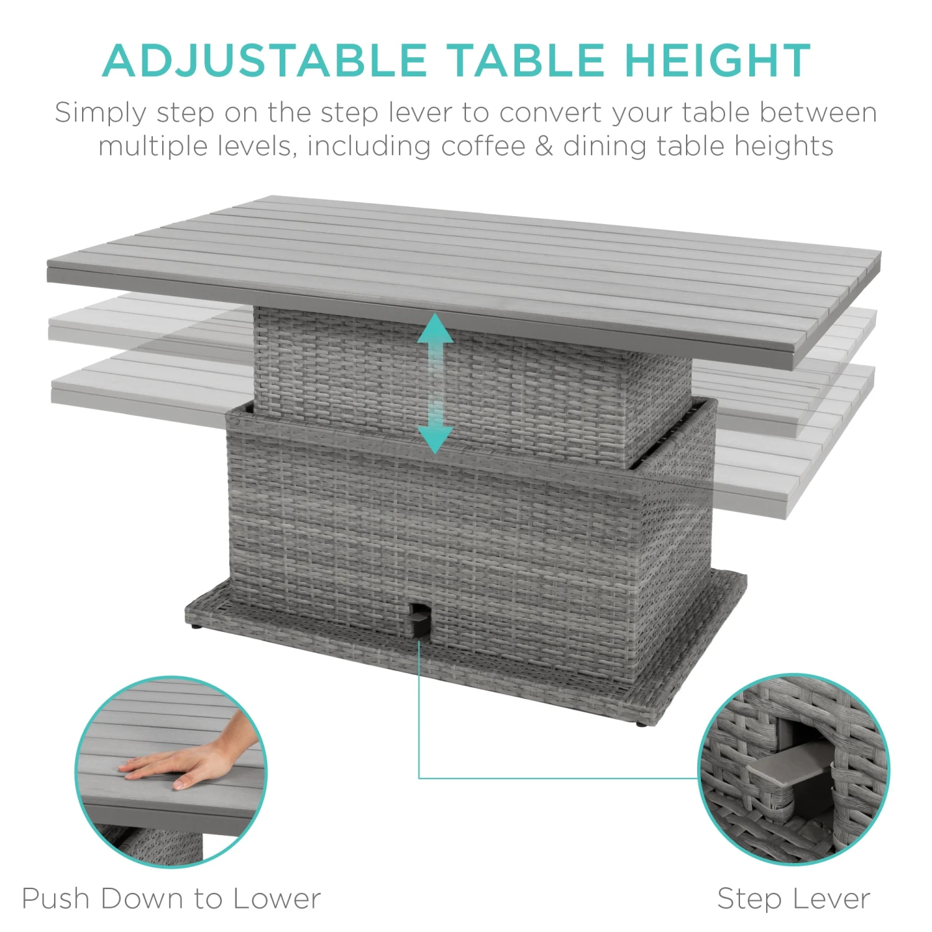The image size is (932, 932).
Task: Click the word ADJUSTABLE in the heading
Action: coord(265,60)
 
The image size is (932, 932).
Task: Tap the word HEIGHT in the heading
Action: coord(718,60)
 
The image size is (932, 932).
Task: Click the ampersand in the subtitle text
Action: coord(544,146)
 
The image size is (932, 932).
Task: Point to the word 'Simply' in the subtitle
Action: coord(101,114)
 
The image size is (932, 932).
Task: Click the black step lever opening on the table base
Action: coord(418,618)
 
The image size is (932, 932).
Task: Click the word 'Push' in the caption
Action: coord(55,898)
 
